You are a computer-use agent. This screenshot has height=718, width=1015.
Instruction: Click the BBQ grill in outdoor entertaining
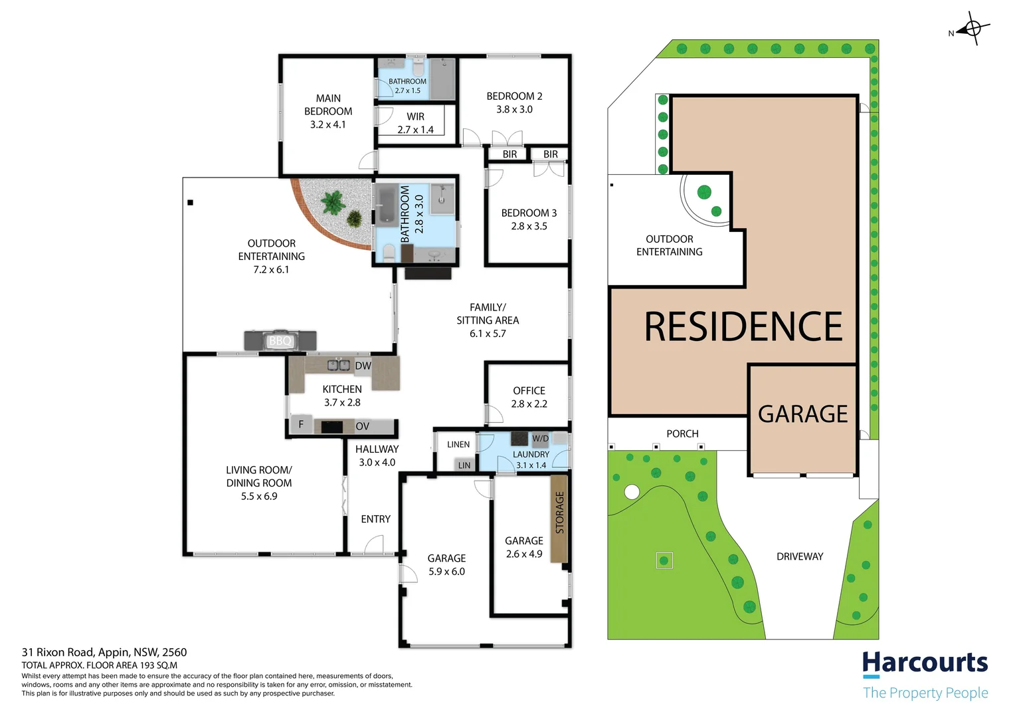click(x=280, y=340)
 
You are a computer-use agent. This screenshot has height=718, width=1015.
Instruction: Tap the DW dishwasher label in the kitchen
click(x=363, y=366)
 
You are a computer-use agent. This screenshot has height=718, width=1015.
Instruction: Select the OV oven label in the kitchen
click(x=363, y=426)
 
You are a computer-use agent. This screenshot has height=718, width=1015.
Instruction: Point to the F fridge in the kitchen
click(x=301, y=425)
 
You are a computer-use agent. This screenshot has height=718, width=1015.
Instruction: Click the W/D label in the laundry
click(x=540, y=439)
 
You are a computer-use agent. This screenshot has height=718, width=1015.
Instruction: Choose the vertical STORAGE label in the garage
click(x=559, y=513)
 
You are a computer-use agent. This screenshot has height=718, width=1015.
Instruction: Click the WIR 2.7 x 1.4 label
click(x=416, y=124)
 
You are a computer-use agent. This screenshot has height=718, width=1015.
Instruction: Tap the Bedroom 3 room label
click(x=529, y=219)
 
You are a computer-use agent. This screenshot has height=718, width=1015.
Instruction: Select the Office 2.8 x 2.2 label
click(x=529, y=398)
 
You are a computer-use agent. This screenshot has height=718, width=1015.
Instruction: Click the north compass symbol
click(x=972, y=29)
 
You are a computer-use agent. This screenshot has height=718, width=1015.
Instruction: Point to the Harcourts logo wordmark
click(x=925, y=663)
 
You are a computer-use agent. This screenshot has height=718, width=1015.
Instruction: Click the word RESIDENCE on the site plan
click(x=743, y=326)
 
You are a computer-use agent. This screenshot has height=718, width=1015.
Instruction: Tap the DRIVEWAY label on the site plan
click(x=800, y=556)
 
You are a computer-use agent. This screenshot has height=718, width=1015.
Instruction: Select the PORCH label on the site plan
click(x=682, y=434)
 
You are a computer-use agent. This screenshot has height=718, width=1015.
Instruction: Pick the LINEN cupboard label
click(x=458, y=445)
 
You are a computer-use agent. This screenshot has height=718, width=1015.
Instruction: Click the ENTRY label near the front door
click(x=375, y=519)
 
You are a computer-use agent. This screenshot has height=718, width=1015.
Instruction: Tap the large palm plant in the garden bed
click(x=333, y=203)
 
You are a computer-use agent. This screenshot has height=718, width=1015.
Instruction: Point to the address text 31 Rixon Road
click(x=58, y=652)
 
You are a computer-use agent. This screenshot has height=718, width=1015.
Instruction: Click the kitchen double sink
click(x=339, y=365)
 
